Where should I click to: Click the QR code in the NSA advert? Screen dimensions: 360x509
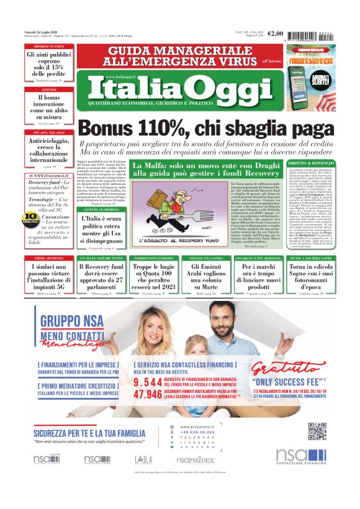tap(317, 431)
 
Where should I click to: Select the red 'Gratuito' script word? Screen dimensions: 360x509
tap(286, 360)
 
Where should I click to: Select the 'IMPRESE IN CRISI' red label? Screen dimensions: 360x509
tap(50, 47)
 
